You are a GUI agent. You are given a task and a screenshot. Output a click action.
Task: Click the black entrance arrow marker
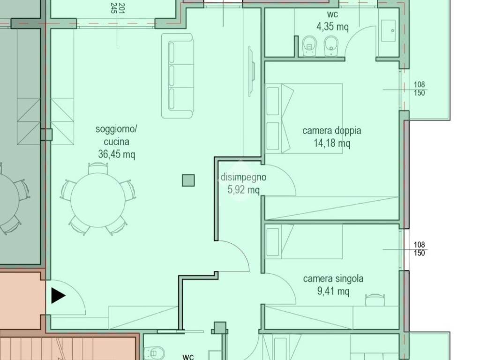click(x=58, y=296)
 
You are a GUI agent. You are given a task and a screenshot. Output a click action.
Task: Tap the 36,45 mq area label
click(x=116, y=154)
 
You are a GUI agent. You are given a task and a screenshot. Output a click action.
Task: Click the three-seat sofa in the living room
click(x=178, y=75)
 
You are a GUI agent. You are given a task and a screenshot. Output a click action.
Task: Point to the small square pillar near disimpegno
click(x=188, y=180)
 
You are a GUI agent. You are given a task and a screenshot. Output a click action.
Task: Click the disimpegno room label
click(x=243, y=177)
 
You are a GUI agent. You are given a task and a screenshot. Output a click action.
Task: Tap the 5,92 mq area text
click(x=243, y=190)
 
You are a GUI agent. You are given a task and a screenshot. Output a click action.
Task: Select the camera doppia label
click(x=331, y=130)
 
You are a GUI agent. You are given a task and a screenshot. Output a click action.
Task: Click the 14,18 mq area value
click(x=332, y=143)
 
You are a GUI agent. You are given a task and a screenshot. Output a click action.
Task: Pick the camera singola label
click(x=333, y=279)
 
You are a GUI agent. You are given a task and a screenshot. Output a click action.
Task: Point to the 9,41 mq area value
click(x=333, y=291)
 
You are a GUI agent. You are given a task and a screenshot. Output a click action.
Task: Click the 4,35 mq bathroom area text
click(x=332, y=27)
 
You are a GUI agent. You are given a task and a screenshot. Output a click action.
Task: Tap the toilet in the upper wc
click(x=310, y=46)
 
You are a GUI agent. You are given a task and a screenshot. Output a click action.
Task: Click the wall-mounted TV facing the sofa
click(x=251, y=71)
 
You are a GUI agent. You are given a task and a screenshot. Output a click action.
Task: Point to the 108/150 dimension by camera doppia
click(x=420, y=89)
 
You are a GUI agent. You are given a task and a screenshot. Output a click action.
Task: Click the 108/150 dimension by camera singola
click(x=420, y=248)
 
